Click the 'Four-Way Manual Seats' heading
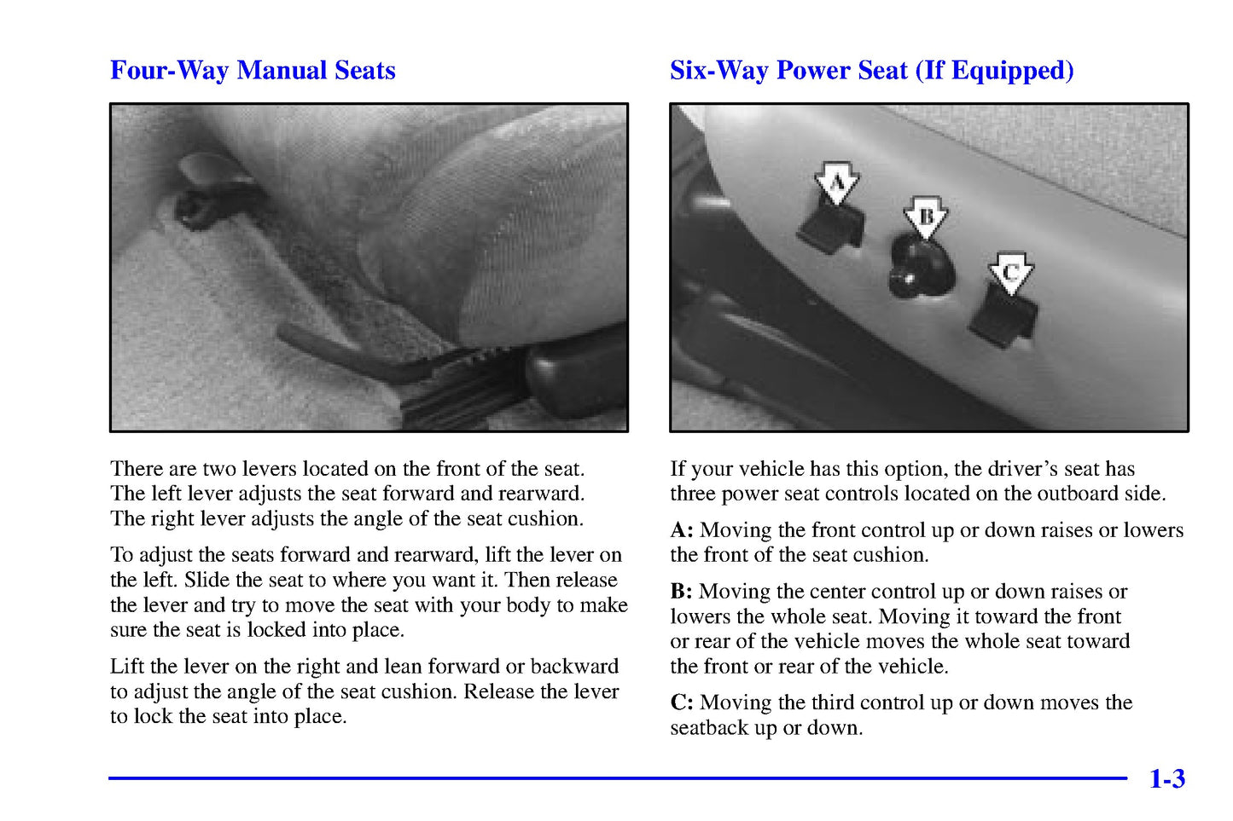pyautogui.click(x=253, y=70)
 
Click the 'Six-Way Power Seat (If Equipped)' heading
pyautogui.click(x=871, y=70)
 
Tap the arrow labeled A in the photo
pyautogui.click(x=836, y=182)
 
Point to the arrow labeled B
pyautogui.click(x=926, y=217)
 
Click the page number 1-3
pyautogui.click(x=1166, y=778)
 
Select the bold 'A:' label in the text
pyautogui.click(x=681, y=530)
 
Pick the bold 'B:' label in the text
pyautogui.click(x=681, y=592)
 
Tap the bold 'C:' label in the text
pyautogui.click(x=681, y=702)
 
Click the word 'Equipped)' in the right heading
pyautogui.click(x=1012, y=70)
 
